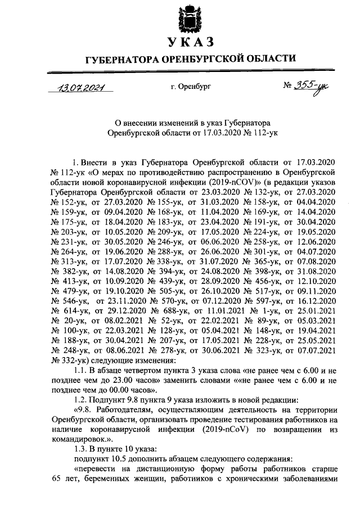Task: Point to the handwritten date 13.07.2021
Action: point(80,87)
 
